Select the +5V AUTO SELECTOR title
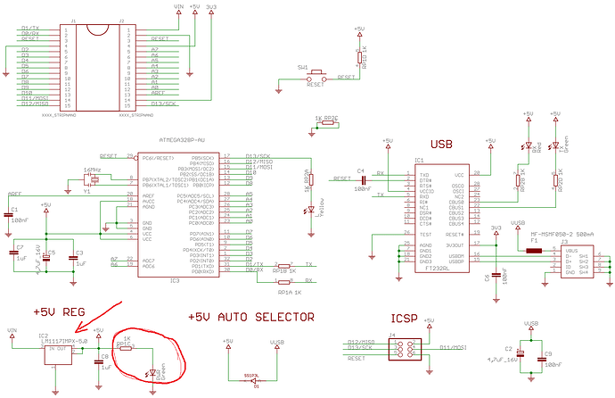[x=251, y=317]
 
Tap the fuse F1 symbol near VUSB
[x=535, y=252]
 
